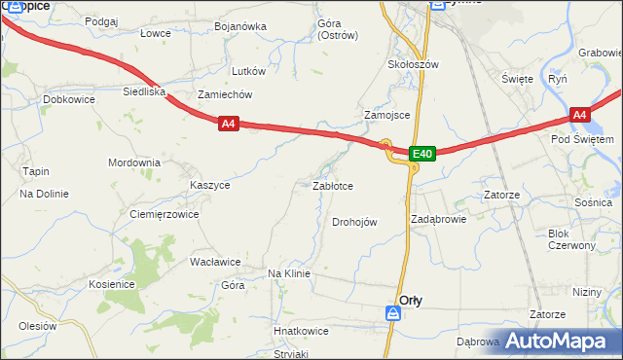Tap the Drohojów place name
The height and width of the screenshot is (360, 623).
pyautogui.click(x=354, y=222)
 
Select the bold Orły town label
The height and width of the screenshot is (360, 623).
pyautogui.click(x=411, y=301)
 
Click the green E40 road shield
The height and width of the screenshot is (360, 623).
pyautogui.click(x=421, y=154)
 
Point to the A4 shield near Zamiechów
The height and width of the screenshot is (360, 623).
pyautogui.click(x=228, y=124)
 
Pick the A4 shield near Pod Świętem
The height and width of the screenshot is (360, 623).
pyautogui.click(x=580, y=116)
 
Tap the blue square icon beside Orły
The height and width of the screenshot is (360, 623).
pyautogui.click(x=392, y=313)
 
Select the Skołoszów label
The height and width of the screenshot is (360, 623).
pyautogui.click(x=414, y=64)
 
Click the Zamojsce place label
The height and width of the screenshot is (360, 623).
pyautogui.click(x=386, y=115)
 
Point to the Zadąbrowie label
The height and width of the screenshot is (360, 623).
pyautogui.click(x=439, y=219)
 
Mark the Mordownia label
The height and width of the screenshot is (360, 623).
pyautogui.click(x=134, y=162)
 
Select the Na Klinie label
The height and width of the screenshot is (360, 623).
pyautogui.click(x=289, y=273)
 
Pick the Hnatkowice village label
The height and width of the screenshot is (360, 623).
pyautogui.click(x=301, y=331)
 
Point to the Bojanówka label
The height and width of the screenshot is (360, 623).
pyautogui.click(x=239, y=26)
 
